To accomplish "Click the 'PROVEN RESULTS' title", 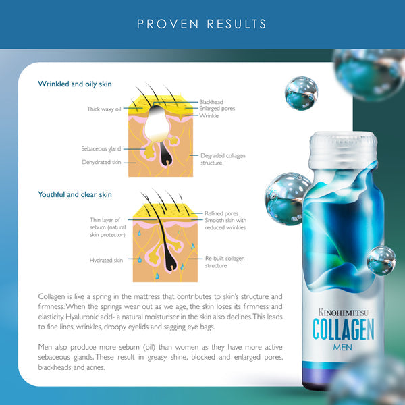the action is pos(201,24).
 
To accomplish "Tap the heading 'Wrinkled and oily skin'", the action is pos(75,84).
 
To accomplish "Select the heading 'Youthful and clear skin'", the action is pos(75,194).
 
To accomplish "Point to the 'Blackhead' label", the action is pos(211,102).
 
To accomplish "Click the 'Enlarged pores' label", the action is pos(217,109).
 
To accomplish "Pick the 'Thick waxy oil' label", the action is pos(104,109).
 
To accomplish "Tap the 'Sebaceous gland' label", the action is pos(101,148).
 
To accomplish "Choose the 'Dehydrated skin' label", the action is pos(101,162).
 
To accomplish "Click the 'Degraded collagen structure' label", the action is pos(223,159).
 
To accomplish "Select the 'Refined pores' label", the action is pos(221,213).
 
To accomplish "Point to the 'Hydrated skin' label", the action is pos(106,260).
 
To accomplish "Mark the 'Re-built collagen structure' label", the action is pos(225,262).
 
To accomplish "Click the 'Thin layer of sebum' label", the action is pos(108,227).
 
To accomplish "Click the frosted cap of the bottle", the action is pos(343,149).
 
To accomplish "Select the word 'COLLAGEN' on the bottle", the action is pos(344,329).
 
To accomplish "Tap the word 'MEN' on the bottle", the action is pos(342,347).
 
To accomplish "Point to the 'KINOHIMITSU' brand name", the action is pos(344,313).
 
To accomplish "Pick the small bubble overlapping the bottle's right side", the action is pos(381,261).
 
